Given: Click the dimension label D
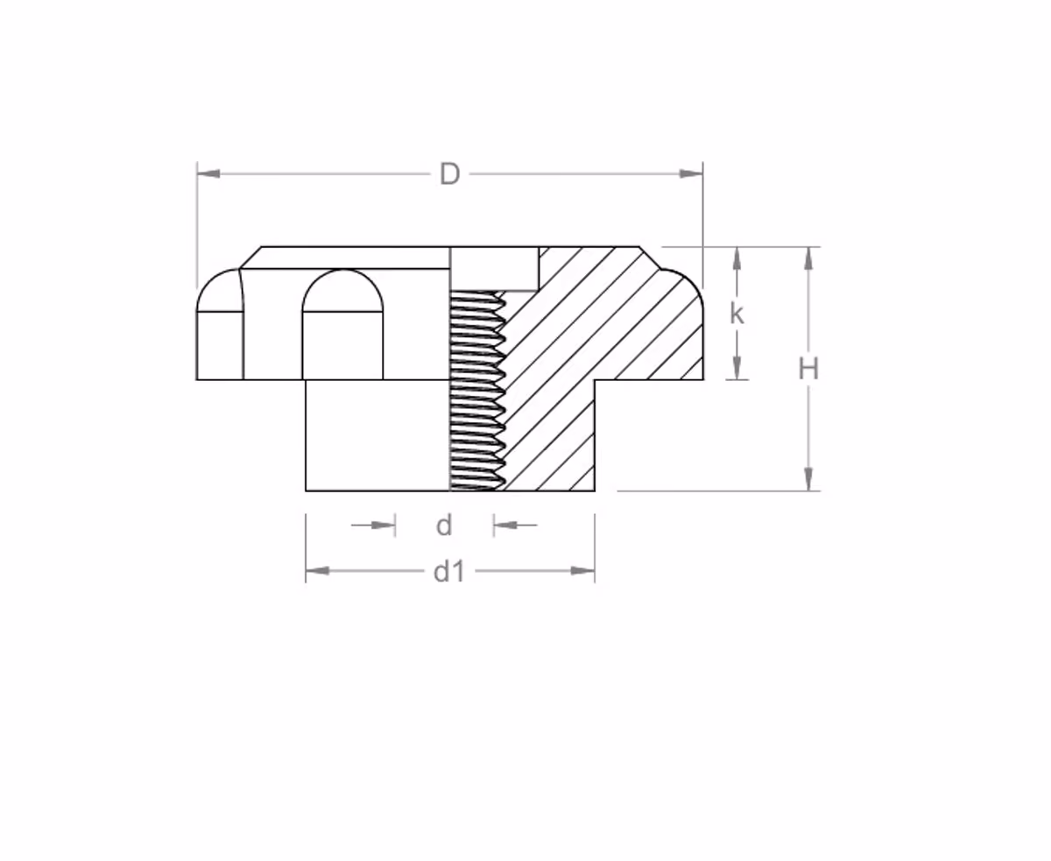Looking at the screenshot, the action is point(449,174).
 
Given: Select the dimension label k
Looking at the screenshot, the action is point(737,314).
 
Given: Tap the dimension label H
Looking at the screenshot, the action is point(808,370).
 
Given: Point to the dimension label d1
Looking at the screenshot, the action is point(449,571).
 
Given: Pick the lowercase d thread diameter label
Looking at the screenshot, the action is point(443,526).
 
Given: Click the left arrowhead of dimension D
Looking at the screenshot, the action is point(208,174).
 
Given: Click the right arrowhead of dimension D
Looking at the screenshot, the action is point(692,174).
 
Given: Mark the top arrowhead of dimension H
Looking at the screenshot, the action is point(808,258).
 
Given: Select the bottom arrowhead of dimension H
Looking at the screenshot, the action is point(808,479).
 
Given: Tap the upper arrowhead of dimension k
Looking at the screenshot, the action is point(737,258).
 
